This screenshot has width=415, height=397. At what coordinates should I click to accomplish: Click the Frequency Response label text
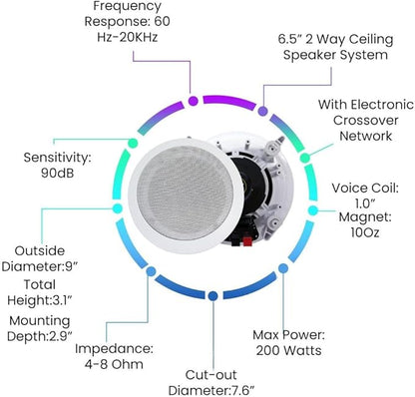coord(128,21)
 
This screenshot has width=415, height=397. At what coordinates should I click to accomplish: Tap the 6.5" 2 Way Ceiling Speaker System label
coord(335,47)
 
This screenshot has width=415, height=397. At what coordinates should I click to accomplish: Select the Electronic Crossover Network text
coord(366,120)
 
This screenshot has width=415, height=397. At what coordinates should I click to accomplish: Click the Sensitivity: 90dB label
coord(57,165)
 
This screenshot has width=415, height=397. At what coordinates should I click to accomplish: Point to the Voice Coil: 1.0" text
coord(365,196)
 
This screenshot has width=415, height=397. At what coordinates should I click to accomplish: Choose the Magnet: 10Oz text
coord(365,224)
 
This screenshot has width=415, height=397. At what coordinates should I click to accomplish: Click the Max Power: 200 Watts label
coord(288,343)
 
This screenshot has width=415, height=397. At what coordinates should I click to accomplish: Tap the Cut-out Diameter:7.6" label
coord(211,382)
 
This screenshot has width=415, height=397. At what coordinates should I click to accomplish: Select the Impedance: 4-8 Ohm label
coord(114,356)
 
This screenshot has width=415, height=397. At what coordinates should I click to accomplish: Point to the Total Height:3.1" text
coord(40,292)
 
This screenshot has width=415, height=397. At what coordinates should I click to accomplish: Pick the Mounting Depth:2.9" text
coord(40,328)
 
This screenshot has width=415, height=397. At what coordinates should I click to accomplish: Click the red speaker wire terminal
coord(247,241)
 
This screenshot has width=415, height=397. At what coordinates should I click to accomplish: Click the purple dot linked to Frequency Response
coord(194,101)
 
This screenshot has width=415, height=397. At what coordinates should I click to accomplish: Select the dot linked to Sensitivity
coord(133,144)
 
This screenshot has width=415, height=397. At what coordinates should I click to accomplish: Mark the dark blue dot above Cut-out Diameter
coord(213,295)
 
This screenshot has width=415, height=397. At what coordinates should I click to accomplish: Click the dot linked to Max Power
coord(283,268)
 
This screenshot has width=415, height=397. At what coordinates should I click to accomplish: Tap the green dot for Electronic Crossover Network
coord(305,158)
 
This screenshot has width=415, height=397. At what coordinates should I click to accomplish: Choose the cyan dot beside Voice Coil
coord(313,210)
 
